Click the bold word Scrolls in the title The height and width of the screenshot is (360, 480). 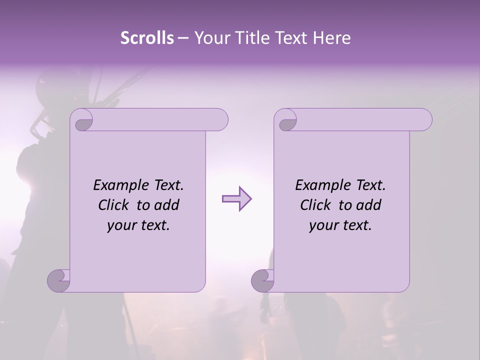coord(147,38)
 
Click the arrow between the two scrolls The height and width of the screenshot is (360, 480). coord(236,199)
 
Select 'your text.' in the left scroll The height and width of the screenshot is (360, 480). coord(138,225)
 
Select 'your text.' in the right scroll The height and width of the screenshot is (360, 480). coord(340,225)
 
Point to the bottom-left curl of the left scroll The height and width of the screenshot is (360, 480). coord(58,280)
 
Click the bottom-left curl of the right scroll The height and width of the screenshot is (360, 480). coord(262,280)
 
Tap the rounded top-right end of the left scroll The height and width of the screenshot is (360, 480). coord(220,119)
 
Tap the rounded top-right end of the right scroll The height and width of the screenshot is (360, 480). coord(424,119)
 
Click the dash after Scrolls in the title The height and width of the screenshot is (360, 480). coord(183,38)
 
